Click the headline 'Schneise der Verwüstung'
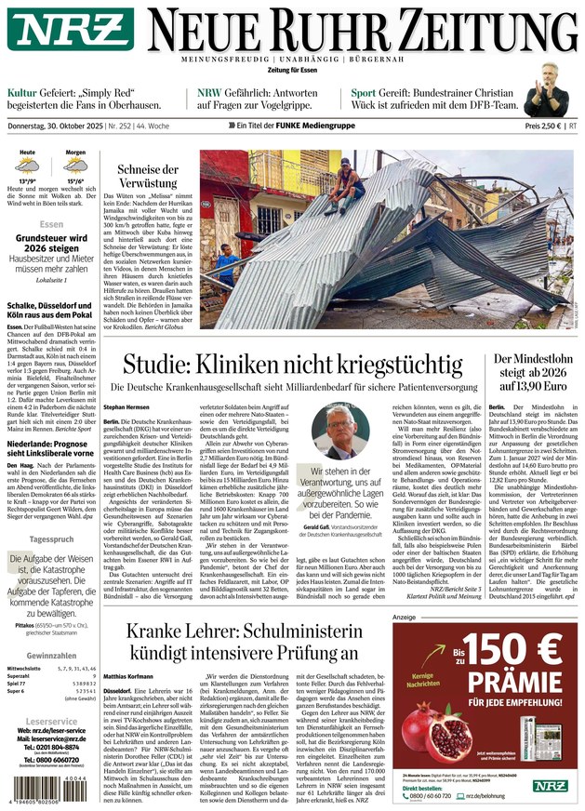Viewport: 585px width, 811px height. point(148,177)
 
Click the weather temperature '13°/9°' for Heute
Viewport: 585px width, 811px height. point(28,181)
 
